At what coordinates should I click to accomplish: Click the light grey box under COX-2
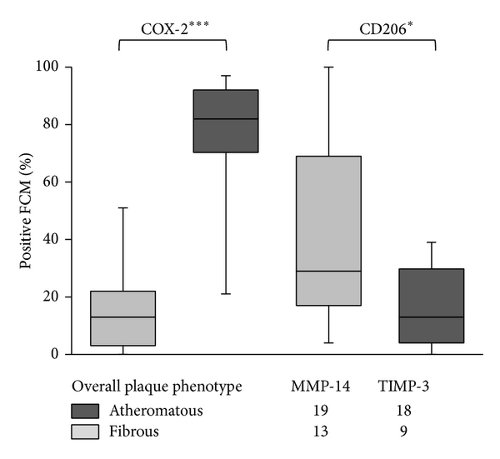pos(122,318)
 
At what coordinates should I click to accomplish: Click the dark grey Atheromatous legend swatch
pos(85,411)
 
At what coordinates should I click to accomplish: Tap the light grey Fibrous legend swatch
pos(85,432)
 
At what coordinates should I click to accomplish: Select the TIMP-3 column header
pos(403,387)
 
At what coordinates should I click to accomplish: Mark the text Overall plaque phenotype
pos(157,387)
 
